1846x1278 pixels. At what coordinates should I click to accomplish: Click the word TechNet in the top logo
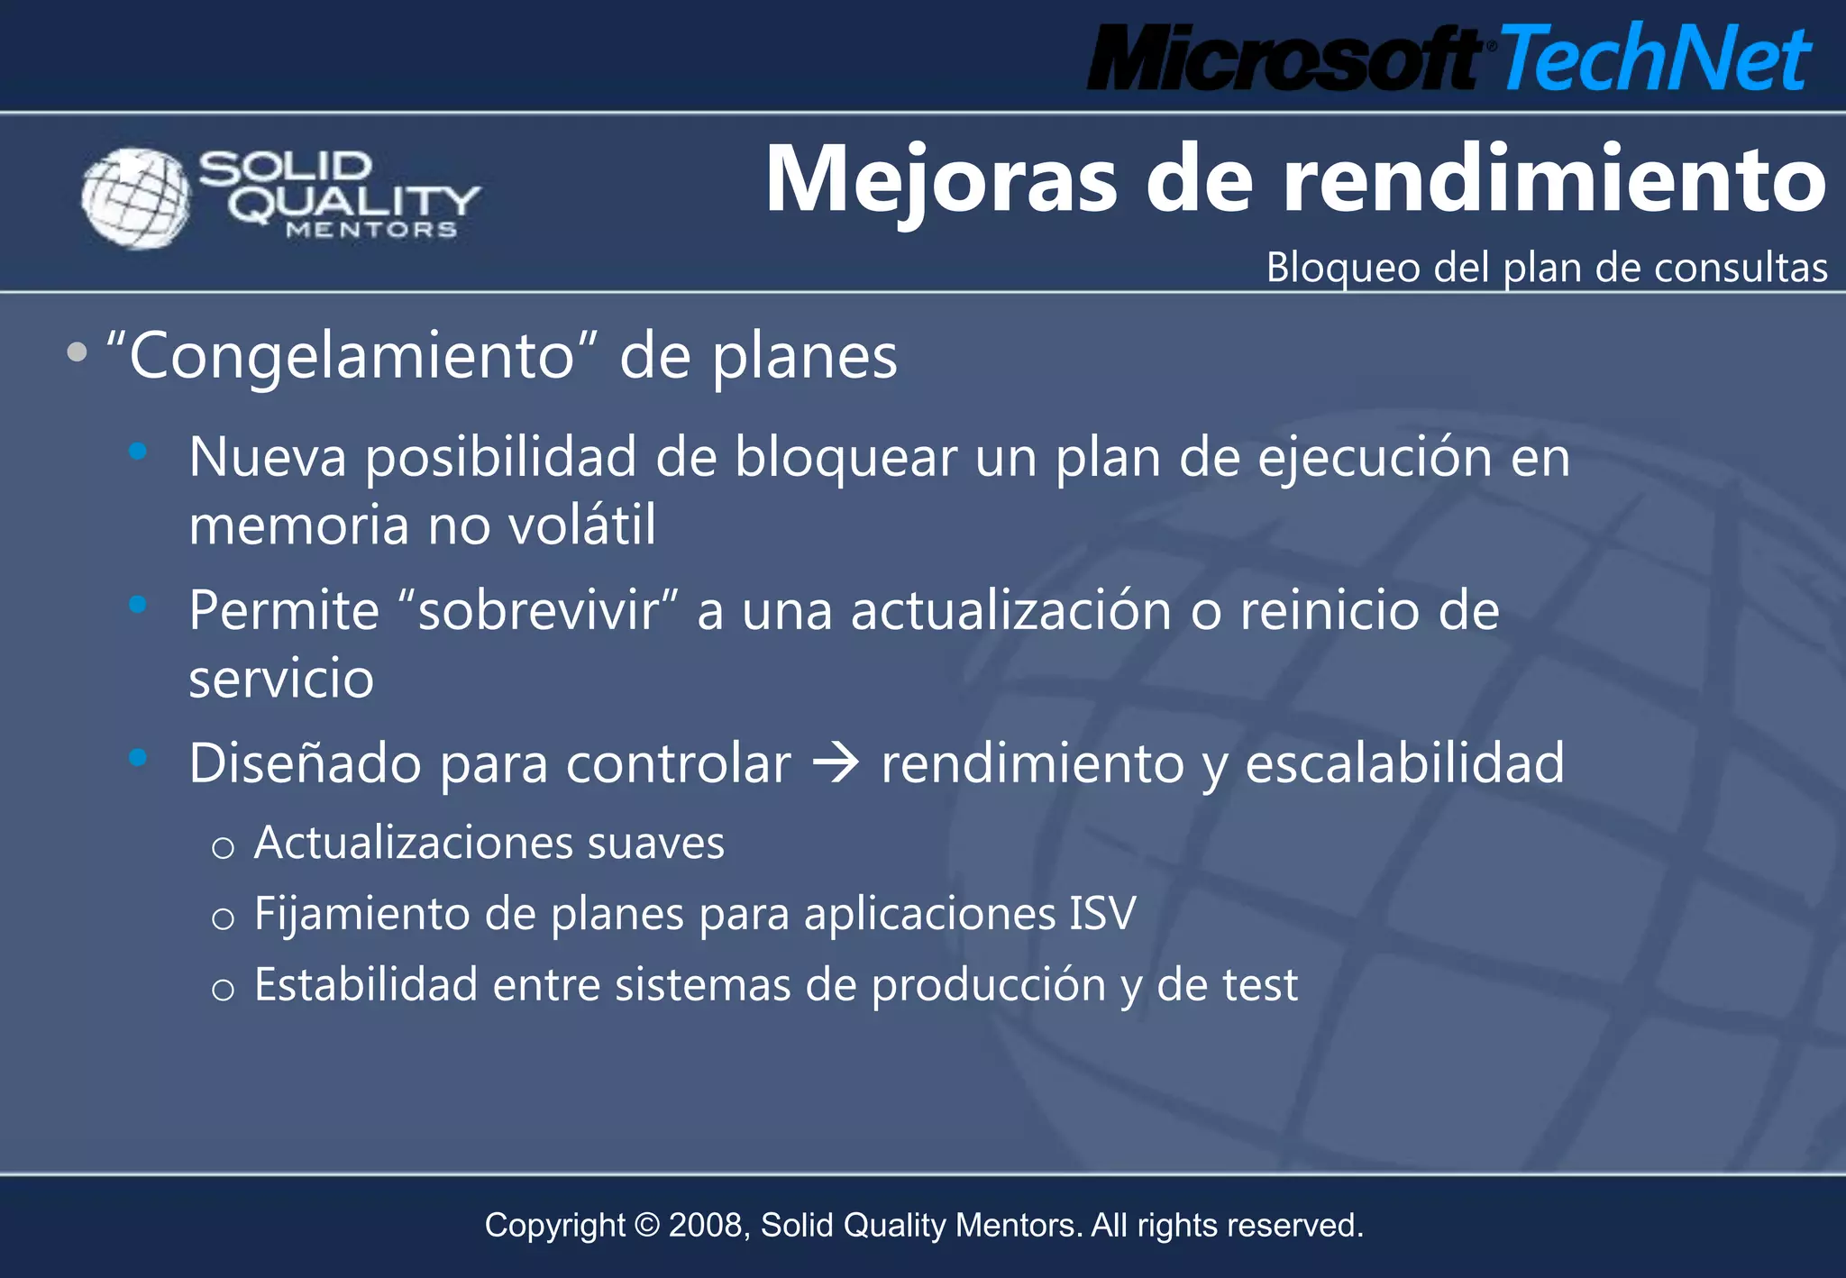[x=1654, y=59]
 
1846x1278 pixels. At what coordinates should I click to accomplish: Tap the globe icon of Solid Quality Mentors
[x=136, y=197]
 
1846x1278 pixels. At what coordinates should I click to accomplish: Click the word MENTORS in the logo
[x=371, y=231]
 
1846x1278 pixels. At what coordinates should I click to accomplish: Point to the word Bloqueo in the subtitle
[x=1343, y=268]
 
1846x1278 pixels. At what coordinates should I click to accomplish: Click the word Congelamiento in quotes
[x=352, y=356]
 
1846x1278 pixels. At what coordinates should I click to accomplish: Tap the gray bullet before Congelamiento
[x=78, y=352]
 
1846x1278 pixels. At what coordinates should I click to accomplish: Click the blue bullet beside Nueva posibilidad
[x=138, y=451]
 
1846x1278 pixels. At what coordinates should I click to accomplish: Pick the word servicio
[x=281, y=679]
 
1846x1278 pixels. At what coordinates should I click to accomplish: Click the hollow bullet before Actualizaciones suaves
[x=223, y=848]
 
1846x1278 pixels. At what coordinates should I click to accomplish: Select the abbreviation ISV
[x=1102, y=914]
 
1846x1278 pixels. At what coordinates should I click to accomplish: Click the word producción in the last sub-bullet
[x=988, y=985]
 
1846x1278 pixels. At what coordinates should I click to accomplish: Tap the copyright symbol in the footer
[x=647, y=1226]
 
